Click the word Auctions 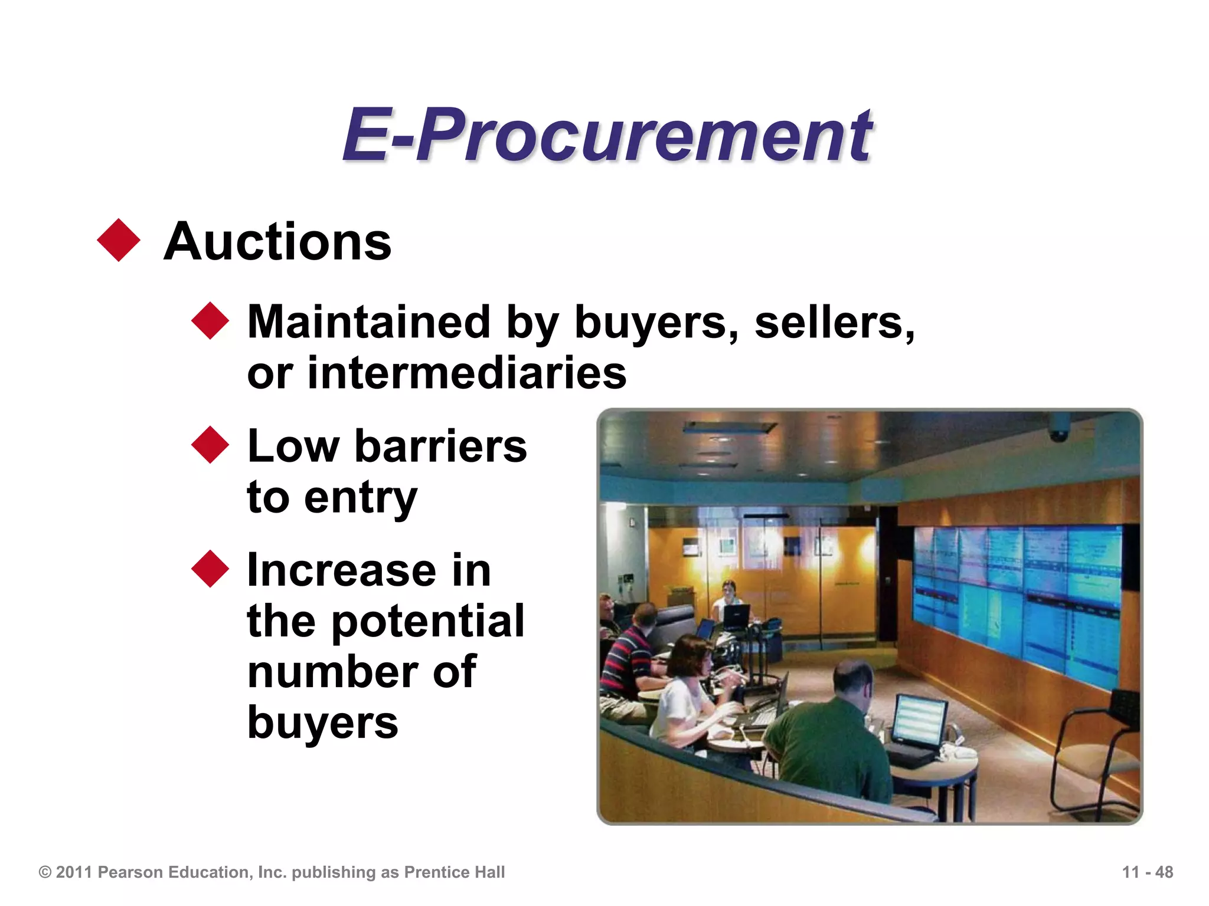click(x=277, y=242)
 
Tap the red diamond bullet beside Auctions click(x=119, y=240)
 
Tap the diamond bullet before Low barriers click(x=210, y=445)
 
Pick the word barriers click(x=440, y=446)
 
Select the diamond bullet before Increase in click(x=210, y=569)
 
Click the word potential click(x=427, y=621)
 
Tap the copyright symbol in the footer click(x=45, y=872)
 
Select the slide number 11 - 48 click(x=1147, y=872)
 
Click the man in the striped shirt click(x=629, y=655)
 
